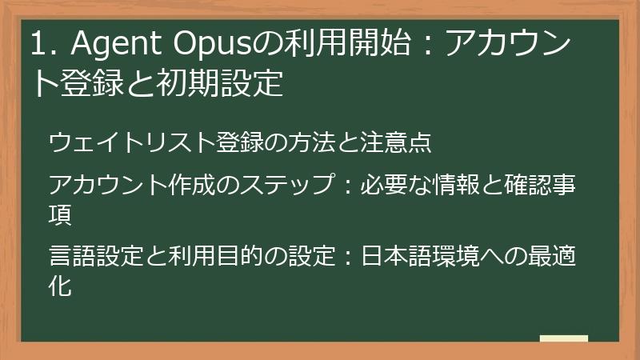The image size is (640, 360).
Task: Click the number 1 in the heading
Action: click(38, 46)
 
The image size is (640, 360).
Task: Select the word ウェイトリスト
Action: click(132, 143)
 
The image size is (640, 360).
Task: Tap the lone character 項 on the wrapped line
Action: click(60, 214)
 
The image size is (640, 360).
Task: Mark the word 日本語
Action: click(393, 258)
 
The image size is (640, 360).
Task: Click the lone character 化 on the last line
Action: click(60, 286)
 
